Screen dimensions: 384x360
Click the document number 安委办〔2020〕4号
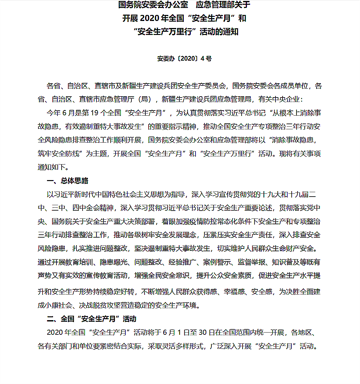tap(184, 58)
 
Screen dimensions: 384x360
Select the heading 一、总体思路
tap(67, 181)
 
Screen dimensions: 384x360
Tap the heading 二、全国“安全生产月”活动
tap(91, 319)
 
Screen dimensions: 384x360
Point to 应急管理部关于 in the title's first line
tap(223, 5)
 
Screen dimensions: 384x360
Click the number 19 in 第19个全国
tap(95, 113)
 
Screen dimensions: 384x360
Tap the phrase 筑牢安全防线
tap(58, 154)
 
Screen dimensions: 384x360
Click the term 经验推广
tap(182, 262)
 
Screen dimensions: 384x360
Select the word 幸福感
tap(234, 292)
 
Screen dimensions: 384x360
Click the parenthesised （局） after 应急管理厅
tap(146, 99)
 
